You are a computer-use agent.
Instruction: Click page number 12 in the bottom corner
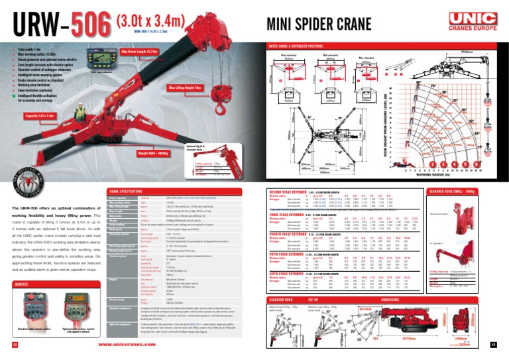coord(15,345)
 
